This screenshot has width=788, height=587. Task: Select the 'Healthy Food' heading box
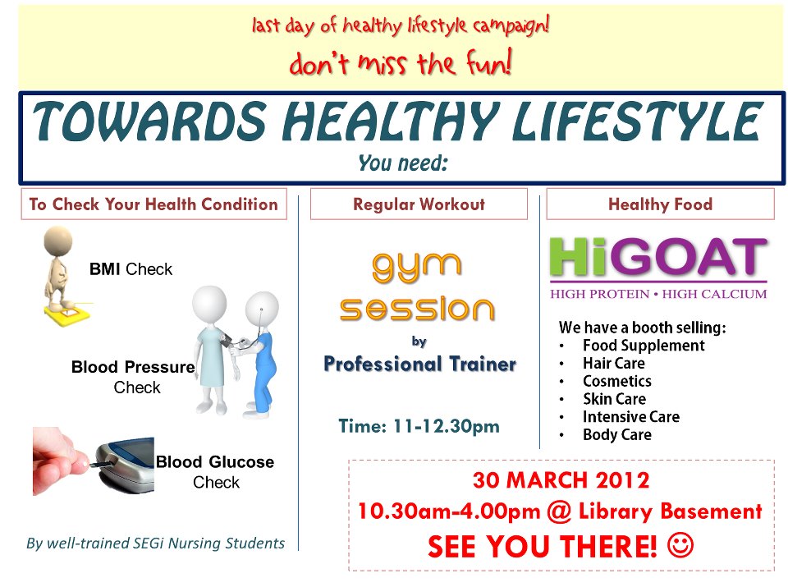(x=660, y=204)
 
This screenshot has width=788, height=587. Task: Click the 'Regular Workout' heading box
(x=419, y=204)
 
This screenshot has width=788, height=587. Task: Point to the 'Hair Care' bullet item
(x=613, y=363)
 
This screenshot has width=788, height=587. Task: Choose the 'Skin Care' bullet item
(x=614, y=399)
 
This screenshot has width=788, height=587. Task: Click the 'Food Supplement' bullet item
(x=643, y=346)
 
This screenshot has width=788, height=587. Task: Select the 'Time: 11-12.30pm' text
(x=419, y=426)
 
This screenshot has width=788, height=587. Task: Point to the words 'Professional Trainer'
(x=419, y=363)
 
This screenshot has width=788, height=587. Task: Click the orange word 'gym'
(x=417, y=264)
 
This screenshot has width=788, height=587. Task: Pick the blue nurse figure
(x=261, y=353)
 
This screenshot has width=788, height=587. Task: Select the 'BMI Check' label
(x=131, y=269)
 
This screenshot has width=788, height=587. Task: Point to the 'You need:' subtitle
(x=402, y=163)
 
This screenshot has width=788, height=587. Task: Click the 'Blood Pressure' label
(x=132, y=367)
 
